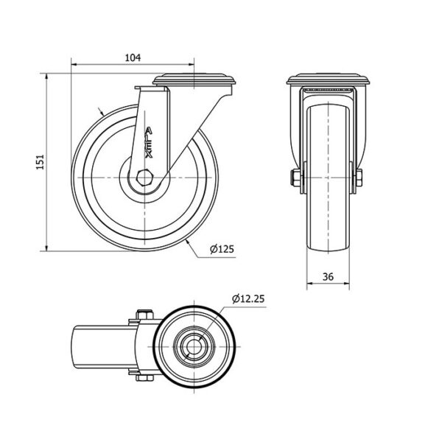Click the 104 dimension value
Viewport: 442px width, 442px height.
tap(133, 57)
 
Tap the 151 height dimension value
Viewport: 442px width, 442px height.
tap(41, 162)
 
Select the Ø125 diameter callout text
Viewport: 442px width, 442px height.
tap(222, 249)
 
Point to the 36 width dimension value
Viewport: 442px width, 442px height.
tap(328, 277)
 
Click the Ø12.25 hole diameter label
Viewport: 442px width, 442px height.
tap(248, 298)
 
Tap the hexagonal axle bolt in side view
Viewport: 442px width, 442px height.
tap(144, 178)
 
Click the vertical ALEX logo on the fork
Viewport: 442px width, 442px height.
tap(149, 142)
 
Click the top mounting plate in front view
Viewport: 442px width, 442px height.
tap(328, 80)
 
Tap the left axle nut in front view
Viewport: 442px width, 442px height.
tap(296, 178)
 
